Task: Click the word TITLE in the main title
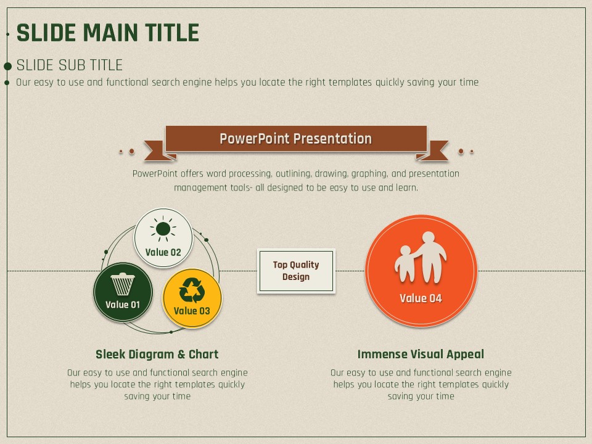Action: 172,33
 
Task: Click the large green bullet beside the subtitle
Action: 7,67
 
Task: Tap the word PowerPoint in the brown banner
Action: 255,139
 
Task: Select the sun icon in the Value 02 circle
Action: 163,228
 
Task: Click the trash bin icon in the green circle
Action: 123,284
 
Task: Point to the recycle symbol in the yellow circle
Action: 192,290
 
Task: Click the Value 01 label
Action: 123,305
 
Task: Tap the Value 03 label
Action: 192,311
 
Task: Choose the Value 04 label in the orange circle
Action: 421,298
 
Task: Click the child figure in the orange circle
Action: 403,263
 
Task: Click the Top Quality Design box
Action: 296,271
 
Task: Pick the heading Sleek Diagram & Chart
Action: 157,354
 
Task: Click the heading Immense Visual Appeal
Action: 421,354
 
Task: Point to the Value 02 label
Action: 163,252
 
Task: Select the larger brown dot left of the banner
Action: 132,152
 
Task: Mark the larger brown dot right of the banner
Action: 461,152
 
